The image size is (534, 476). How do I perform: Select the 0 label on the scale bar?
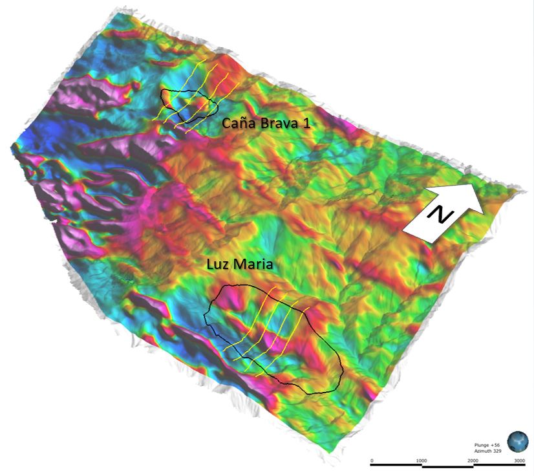click(x=372, y=460)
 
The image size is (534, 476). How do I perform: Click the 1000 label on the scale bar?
click(x=421, y=460)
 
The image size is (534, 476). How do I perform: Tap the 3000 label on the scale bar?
click(x=519, y=460)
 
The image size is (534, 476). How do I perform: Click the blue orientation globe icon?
click(x=518, y=442)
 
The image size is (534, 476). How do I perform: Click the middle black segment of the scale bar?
click(x=446, y=466)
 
